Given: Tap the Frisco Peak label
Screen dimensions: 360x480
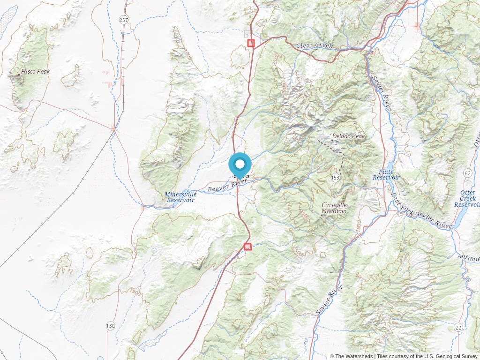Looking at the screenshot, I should pyautogui.click(x=36, y=72).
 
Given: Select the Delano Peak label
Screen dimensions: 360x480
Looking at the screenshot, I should pyautogui.click(x=348, y=136).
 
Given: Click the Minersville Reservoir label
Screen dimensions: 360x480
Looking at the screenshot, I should pyautogui.click(x=180, y=197).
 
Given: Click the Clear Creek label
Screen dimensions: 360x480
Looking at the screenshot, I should pyautogui.click(x=315, y=46).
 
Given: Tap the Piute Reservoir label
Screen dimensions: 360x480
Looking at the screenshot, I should pyautogui.click(x=386, y=175).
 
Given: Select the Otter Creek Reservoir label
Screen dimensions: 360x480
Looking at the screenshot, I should pyautogui.click(x=467, y=199).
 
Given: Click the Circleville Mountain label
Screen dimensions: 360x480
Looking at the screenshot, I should pyautogui.click(x=334, y=208).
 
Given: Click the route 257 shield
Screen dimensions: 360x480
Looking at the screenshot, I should pyautogui.click(x=124, y=20).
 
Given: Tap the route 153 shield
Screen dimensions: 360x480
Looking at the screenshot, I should pyautogui.click(x=335, y=177).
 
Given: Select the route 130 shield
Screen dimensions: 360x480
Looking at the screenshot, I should pyautogui.click(x=110, y=326).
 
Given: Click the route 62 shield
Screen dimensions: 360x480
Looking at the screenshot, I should pyautogui.click(x=467, y=173).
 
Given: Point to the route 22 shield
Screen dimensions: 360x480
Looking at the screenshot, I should pyautogui.click(x=458, y=327).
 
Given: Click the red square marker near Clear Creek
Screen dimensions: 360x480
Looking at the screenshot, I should pyautogui.click(x=251, y=43).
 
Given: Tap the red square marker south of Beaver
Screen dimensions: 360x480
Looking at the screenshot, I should pyautogui.click(x=248, y=247).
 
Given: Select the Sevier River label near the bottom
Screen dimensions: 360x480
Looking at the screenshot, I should pyautogui.click(x=330, y=300).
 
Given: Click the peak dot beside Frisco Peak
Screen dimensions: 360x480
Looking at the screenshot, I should pyautogui.click(x=19, y=74).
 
